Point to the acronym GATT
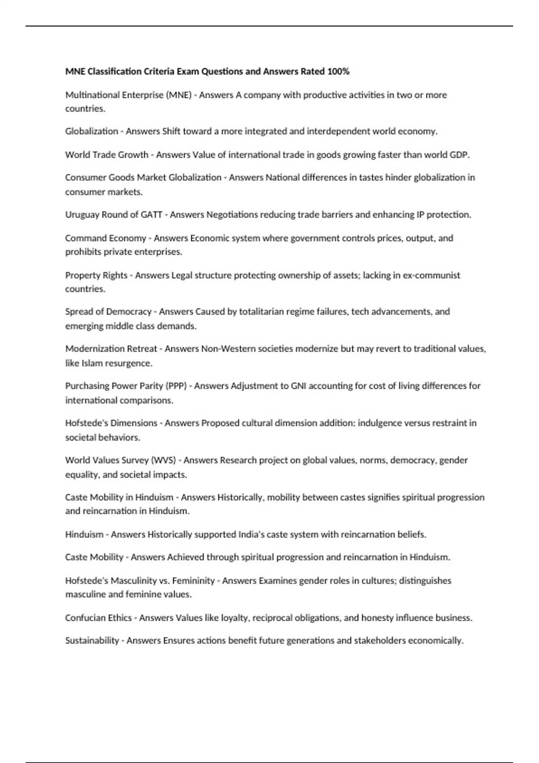tap(151, 215)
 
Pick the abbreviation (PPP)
tap(176, 386)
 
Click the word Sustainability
tap(92, 640)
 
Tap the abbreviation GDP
tap(459, 155)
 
